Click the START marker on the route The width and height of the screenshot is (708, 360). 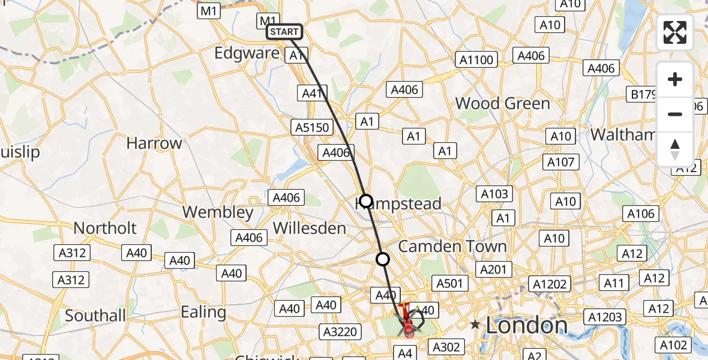(x=284, y=32)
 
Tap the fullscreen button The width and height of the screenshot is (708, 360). (x=675, y=32)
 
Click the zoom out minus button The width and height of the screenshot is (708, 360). (x=675, y=114)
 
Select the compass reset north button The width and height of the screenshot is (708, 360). (x=675, y=149)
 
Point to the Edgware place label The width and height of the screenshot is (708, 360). (x=247, y=53)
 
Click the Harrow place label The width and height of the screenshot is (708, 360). (x=154, y=143)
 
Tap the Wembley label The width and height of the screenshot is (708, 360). (x=218, y=212)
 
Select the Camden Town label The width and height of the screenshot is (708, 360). (x=452, y=246)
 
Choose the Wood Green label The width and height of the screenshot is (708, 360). (x=502, y=103)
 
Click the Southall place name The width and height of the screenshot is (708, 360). (x=95, y=315)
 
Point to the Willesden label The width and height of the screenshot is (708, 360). (x=309, y=228)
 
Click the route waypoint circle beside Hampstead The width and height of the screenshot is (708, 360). (x=365, y=200)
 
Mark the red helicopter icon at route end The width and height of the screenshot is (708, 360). (x=408, y=320)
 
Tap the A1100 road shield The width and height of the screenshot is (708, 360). (x=476, y=59)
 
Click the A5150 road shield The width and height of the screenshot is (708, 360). (x=312, y=127)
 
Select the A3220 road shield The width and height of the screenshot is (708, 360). (x=340, y=332)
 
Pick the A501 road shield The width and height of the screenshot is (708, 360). (x=449, y=283)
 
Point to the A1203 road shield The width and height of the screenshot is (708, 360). (x=605, y=317)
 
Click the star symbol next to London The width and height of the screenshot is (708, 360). (x=475, y=325)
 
